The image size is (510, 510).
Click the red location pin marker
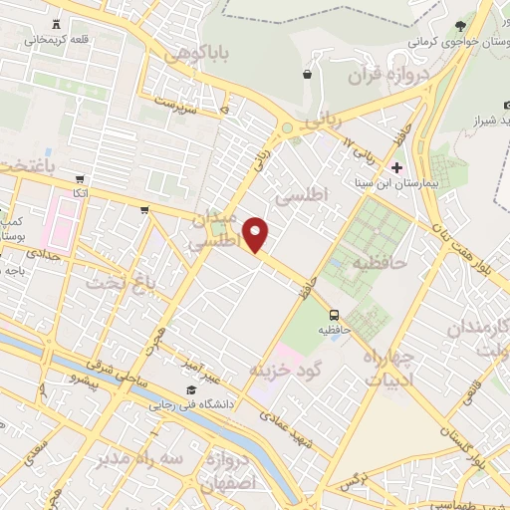coord(257,236)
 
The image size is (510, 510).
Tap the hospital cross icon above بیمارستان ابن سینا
coord(397,166)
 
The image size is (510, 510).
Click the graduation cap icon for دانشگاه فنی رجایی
coord(189,389)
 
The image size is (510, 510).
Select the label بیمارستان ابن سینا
coord(398,185)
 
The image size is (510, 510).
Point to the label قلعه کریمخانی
coord(56,41)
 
